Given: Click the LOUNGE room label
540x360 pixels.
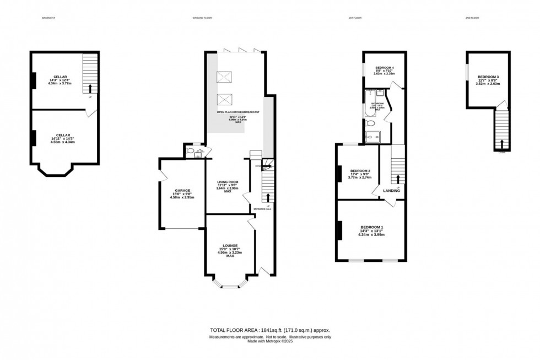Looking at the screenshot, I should [x=230, y=245].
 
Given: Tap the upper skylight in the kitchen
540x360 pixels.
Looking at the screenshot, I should [x=224, y=78].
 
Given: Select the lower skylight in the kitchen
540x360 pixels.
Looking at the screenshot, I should [x=224, y=100].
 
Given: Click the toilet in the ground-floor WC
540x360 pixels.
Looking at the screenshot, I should [x=190, y=150].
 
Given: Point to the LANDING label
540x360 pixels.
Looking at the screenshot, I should [x=392, y=191].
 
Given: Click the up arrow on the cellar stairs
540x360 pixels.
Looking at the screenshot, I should [x=90, y=88].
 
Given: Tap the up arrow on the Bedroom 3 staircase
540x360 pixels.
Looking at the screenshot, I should [x=501, y=144].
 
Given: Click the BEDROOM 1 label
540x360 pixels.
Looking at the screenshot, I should [x=371, y=227].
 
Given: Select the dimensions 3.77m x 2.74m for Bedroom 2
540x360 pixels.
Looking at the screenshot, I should [x=360, y=178].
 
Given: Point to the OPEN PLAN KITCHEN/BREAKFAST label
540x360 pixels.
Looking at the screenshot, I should [x=238, y=112].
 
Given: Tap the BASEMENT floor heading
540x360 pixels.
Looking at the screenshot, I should [x=48, y=18].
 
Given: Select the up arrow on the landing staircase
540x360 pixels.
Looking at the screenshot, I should [x=398, y=179].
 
